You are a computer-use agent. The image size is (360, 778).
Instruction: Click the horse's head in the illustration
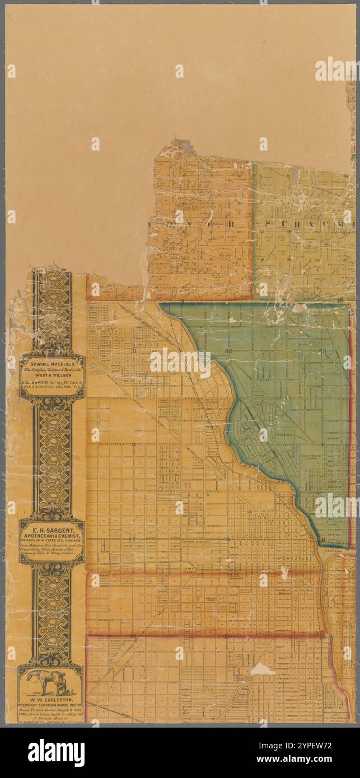click(x=31, y=675)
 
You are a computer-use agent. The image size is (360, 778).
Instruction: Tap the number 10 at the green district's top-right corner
click(x=341, y=301)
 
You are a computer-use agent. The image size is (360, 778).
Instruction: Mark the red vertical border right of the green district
click(x=352, y=425)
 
